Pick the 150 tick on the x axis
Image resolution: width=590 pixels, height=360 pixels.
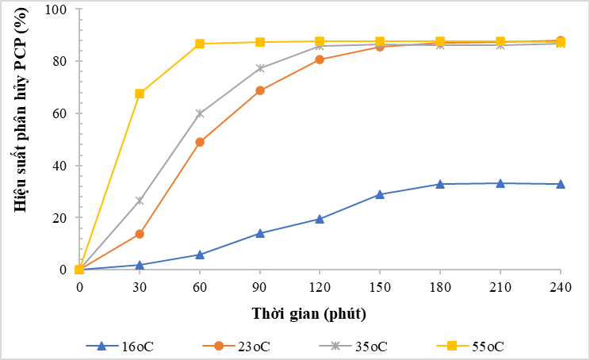tap(380, 286)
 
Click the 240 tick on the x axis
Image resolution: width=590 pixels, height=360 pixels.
tap(561, 286)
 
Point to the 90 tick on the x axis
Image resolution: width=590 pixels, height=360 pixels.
tap(259, 286)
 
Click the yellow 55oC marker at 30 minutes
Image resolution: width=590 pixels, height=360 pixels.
tap(140, 94)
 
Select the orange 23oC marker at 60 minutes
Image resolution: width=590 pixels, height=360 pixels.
tap(200, 142)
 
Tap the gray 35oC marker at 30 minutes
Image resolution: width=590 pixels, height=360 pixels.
tap(140, 201)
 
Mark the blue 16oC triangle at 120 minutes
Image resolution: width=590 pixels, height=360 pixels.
tap(320, 219)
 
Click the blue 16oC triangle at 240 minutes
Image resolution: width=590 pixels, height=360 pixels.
tap(561, 184)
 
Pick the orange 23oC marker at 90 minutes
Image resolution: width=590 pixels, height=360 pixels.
tap(260, 90)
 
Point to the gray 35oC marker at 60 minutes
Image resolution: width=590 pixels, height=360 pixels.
tap(200, 113)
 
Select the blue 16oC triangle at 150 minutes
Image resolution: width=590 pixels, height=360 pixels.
tap(380, 194)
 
